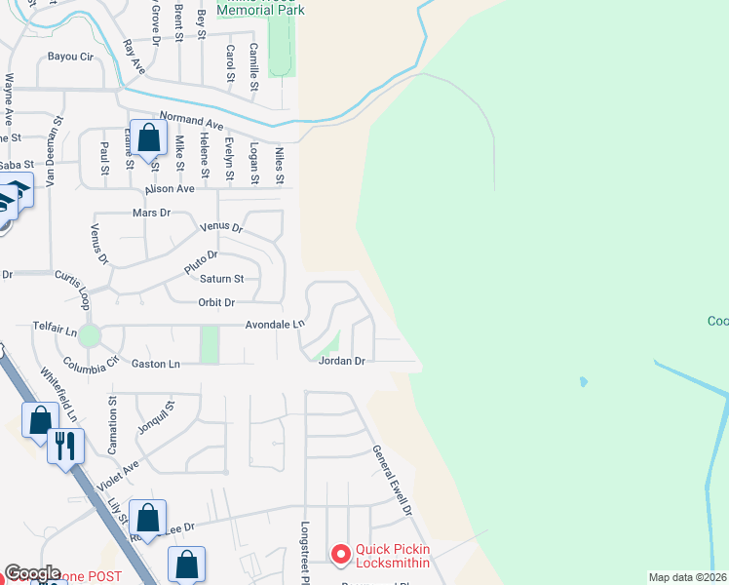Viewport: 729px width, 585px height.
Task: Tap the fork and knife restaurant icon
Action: coord(65,447)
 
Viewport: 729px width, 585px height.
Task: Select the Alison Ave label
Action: coord(170,189)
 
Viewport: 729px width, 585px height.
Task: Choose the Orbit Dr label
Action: coord(216,303)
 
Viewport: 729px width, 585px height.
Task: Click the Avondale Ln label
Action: coord(275,325)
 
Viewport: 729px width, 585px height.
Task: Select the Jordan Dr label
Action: coord(341,361)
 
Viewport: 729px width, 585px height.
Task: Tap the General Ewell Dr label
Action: coord(392,481)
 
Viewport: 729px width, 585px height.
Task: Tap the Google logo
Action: coord(33,573)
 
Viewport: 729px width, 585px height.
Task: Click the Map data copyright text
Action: coord(686,577)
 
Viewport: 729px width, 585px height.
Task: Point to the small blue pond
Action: coord(583,381)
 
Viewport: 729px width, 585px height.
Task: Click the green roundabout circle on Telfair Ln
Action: coord(90,336)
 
